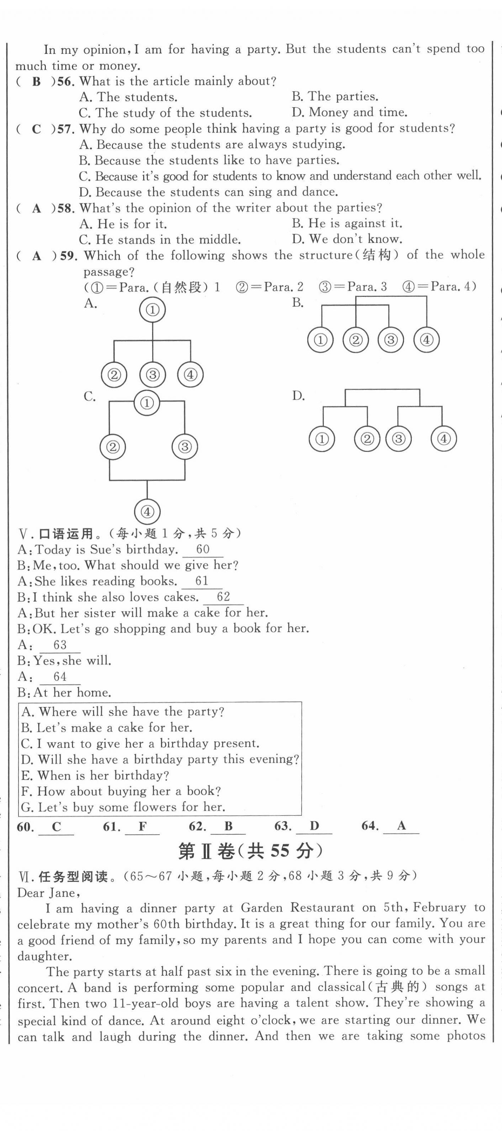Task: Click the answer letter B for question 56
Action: click(36, 82)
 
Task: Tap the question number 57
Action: click(65, 129)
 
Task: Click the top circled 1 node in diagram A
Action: click(152, 310)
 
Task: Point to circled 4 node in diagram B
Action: click(426, 340)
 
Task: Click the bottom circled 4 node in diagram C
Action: click(147, 511)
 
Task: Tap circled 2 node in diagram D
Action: click(367, 439)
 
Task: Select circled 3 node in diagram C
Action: click(184, 447)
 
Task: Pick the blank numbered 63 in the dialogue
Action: click(60, 645)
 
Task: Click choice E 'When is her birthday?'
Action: click(95, 775)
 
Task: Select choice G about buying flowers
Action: click(123, 807)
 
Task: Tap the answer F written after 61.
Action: click(142, 827)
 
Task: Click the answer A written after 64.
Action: click(401, 826)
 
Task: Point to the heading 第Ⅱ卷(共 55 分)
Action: click(250, 851)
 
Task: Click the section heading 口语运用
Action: click(66, 534)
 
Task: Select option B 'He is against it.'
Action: click(347, 223)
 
